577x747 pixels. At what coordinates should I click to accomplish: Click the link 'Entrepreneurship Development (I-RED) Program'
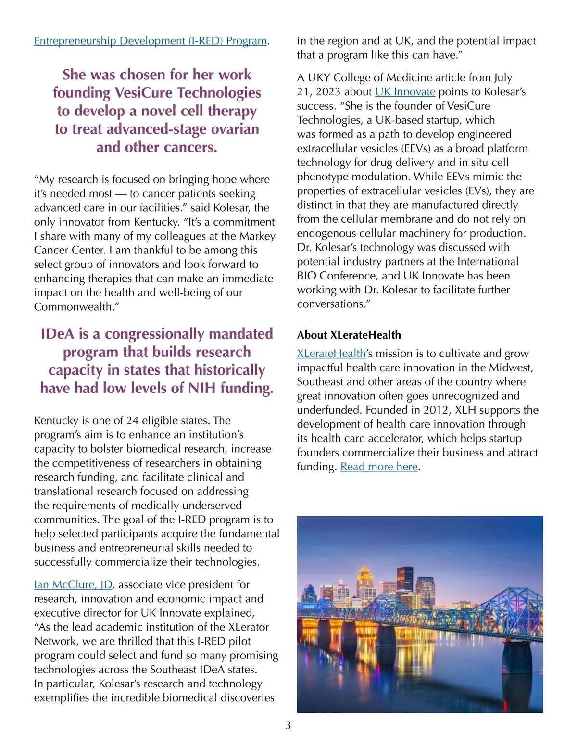[x=151, y=41]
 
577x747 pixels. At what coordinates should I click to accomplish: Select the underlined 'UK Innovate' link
[x=405, y=92]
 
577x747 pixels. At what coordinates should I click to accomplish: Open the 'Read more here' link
[x=379, y=467]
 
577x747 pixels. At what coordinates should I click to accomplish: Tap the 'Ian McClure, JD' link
[x=73, y=584]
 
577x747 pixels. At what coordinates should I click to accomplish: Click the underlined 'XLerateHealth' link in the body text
[x=331, y=354]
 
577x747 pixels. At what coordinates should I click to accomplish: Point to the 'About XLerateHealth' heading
[x=349, y=335]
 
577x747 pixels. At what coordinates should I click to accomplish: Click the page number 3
[x=288, y=725]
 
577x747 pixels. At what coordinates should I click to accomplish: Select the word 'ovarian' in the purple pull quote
[x=234, y=129]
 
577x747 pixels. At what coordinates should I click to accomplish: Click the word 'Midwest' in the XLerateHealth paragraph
[x=510, y=367]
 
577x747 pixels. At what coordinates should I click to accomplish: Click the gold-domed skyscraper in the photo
[x=366, y=582]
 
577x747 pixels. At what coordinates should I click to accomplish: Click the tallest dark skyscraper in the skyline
[x=405, y=580]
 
